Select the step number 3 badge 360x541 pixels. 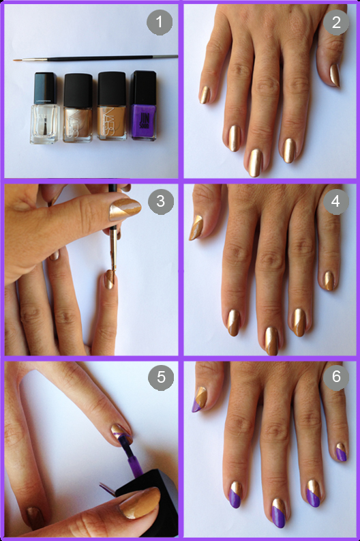[160, 202]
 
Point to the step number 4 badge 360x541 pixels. [335, 203]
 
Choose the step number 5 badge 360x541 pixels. [160, 379]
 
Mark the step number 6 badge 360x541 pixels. [335, 378]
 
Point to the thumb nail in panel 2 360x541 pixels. [334, 75]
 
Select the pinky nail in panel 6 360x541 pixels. [341, 451]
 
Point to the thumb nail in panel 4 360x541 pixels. [195, 226]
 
